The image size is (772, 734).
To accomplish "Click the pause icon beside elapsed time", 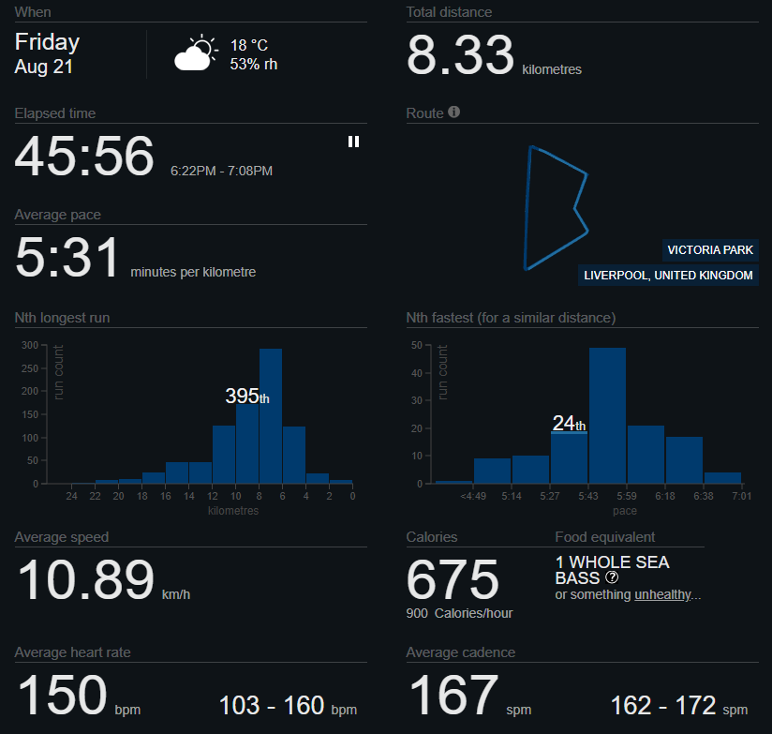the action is click(x=353, y=142).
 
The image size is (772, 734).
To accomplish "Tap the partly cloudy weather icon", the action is click(x=196, y=52).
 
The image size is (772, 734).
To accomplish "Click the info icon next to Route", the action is click(x=454, y=112).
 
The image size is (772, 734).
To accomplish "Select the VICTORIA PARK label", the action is click(x=710, y=249).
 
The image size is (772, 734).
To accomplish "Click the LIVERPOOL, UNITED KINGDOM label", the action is click(x=668, y=275).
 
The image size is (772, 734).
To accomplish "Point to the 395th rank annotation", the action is click(x=247, y=397).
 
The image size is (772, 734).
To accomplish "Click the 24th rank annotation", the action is click(x=569, y=423).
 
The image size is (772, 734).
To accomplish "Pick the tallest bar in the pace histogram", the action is click(x=607, y=415).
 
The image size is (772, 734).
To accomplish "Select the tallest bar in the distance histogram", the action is click(x=271, y=416).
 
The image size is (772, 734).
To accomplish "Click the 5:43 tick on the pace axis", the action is click(x=587, y=496).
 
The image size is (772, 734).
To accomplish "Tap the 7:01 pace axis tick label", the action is click(x=741, y=496).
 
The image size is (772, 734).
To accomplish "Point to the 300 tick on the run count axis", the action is click(x=30, y=345).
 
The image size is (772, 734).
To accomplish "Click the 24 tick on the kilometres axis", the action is click(x=71, y=496).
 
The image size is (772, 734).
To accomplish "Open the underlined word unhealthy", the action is click(x=662, y=594).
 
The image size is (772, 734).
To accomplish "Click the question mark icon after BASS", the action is click(x=612, y=577).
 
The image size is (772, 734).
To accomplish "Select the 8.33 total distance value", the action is click(x=460, y=54).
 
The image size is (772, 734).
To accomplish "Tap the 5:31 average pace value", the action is click(x=67, y=257).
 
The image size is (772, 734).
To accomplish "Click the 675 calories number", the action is click(x=453, y=578).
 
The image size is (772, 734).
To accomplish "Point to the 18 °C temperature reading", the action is click(x=249, y=45).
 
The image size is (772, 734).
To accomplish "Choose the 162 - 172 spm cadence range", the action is click(x=679, y=706).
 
